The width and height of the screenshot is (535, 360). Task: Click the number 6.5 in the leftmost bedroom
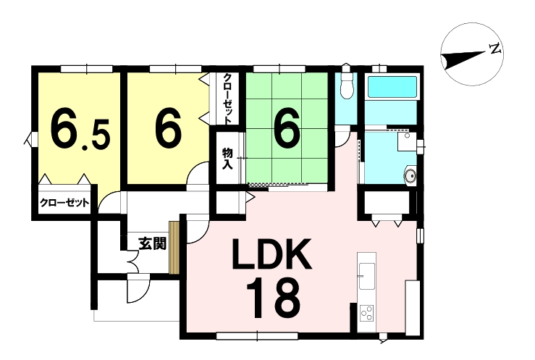80,130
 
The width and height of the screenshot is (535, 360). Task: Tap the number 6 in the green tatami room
287,130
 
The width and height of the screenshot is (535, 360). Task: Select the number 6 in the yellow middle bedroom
167,130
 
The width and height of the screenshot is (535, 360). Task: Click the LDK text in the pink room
271,254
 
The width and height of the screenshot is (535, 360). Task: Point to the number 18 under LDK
274,298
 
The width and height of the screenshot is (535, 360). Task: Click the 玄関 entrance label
152,243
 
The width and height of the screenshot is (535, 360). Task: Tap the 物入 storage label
227,159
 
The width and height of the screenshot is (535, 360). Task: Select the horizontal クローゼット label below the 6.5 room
64,203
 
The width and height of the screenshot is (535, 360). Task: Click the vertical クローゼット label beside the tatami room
227,99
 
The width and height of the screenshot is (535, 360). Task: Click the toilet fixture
346,83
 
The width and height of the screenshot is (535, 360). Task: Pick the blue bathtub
392,88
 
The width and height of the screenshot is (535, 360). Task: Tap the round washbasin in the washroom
410,175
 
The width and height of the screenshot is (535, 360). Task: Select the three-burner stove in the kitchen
367,313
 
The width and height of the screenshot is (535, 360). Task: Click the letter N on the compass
495,49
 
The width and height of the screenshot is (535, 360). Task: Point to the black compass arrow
463,59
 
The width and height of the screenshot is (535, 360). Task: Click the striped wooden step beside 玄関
174,248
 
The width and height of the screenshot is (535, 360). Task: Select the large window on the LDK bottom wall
257,336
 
